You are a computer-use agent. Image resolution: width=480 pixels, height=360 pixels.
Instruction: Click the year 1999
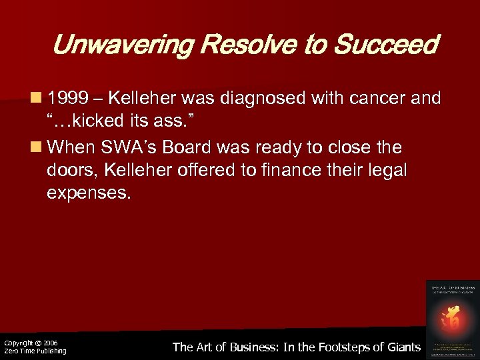click(x=71, y=99)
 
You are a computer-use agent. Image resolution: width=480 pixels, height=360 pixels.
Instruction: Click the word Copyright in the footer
click(x=17, y=343)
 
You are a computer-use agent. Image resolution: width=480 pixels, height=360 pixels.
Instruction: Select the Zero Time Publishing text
click(x=35, y=351)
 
